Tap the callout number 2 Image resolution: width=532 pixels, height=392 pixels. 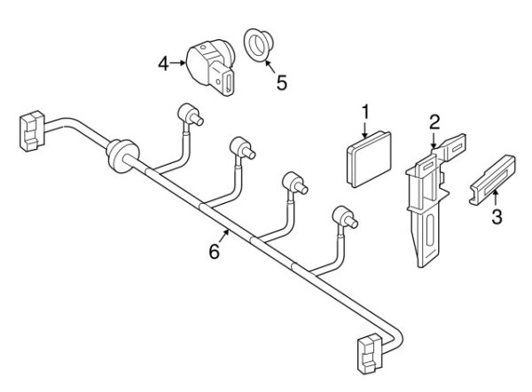point(434,122)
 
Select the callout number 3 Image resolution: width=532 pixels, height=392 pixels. point(497,217)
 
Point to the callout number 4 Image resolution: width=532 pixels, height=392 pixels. point(163,64)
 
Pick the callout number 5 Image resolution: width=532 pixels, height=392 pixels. point(282,82)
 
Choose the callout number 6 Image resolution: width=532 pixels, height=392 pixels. point(214,252)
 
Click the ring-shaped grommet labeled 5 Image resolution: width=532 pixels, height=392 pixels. point(259,44)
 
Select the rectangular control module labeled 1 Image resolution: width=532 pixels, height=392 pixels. point(369,159)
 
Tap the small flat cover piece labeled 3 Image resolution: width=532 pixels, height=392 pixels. point(492,180)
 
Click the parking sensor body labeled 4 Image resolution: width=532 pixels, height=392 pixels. point(210,67)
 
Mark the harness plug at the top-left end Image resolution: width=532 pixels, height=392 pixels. point(32,130)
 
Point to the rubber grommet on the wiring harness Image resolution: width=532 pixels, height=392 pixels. point(121,155)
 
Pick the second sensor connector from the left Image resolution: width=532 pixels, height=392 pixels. point(242,148)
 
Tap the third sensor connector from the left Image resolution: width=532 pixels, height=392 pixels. point(294,183)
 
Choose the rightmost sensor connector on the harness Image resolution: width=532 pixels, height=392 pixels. point(345,217)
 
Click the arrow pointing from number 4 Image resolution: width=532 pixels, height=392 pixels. point(178,63)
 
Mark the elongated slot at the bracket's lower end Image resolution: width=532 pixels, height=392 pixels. point(430,231)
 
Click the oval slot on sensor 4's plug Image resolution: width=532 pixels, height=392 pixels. point(229,82)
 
